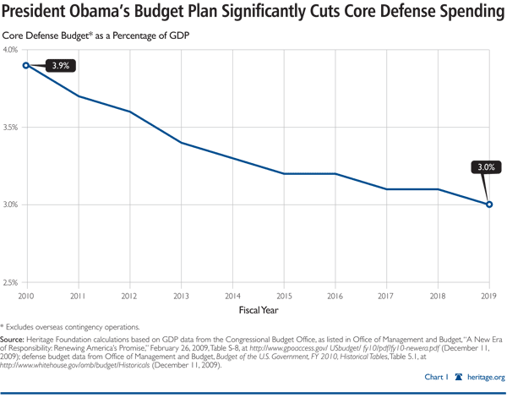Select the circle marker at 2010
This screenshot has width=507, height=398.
pos(26,65)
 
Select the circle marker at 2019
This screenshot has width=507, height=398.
pos(489,204)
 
